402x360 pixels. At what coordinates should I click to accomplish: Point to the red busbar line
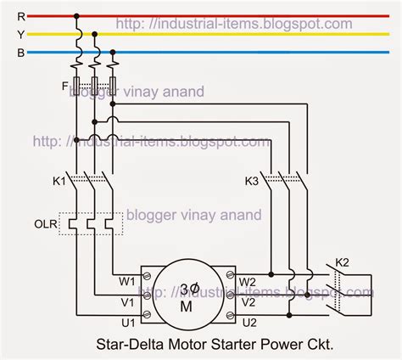[x=254, y=16]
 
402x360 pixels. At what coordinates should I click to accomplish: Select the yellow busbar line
[x=254, y=35]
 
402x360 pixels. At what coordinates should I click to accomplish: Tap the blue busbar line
[x=254, y=53]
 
